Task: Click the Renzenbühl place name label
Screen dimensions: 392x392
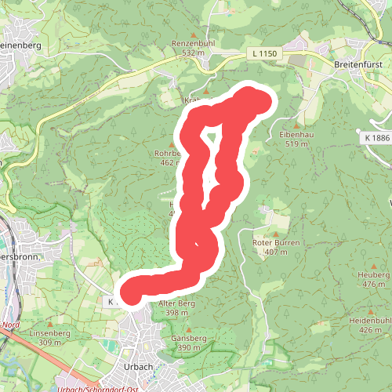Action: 194,43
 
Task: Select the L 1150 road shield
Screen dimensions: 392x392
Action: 266,53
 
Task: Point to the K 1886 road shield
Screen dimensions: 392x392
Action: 376,137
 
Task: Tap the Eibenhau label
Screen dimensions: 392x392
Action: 296,135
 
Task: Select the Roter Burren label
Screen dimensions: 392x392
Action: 276,243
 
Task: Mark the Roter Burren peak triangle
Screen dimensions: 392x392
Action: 276,234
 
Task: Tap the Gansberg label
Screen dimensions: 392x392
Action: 188,338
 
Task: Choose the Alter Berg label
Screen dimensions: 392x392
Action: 176,303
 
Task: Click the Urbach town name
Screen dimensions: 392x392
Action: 137,366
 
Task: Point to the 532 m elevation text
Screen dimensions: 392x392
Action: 194,53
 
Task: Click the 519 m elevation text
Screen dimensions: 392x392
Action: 296,144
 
